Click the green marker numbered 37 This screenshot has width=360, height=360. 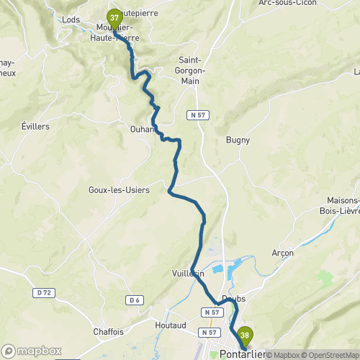tap(114, 18)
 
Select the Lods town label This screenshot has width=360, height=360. tap(71, 19)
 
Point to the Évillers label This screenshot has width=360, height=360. tap(35, 125)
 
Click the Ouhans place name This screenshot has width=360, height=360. tap(142, 129)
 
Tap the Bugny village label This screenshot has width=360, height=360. tap(238, 140)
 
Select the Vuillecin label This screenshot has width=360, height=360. tap(189, 274)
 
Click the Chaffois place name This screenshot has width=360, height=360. tap(108, 332)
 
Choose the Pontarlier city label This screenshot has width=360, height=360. tap(246, 353)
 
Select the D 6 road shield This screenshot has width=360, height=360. tap(134, 300)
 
